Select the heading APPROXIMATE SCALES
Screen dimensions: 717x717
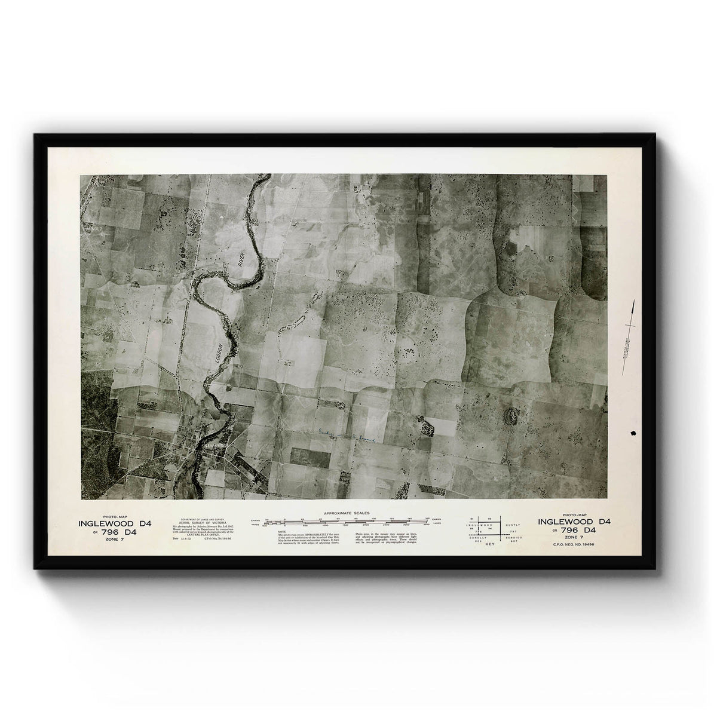pyautogui.click(x=347, y=513)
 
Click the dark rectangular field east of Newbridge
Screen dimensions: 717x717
pyautogui.click(x=310, y=456)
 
